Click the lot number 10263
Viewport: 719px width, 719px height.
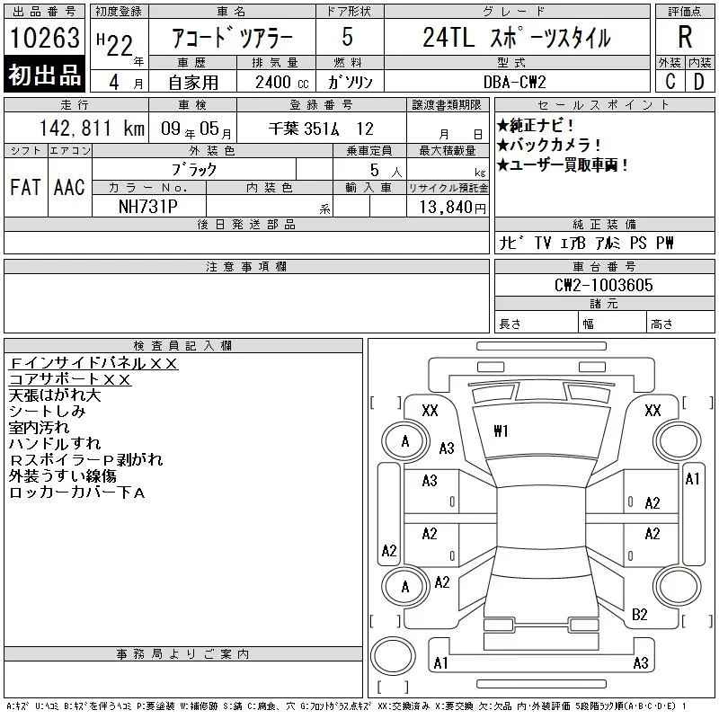coord(44,37)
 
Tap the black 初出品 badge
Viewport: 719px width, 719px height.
coord(44,75)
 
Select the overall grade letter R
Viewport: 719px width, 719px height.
coord(685,37)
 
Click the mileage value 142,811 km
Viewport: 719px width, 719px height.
coord(92,129)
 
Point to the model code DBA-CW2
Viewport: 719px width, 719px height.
coord(514,82)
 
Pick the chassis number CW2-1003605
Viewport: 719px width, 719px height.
coord(603,285)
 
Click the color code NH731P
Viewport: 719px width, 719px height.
coord(147,207)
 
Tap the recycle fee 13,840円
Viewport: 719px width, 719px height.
coord(453,208)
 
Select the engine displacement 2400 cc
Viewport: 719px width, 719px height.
coord(281,83)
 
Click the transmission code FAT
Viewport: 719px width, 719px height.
coord(25,187)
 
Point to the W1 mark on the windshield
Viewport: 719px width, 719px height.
coord(501,431)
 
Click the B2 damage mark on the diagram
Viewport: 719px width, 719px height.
coord(639,615)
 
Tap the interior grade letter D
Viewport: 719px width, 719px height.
coord(699,82)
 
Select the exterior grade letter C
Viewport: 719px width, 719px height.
coord(670,82)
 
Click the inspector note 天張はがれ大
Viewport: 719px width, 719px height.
coord(55,395)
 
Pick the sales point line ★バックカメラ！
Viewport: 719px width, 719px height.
coord(549,145)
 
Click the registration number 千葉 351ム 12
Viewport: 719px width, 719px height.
coord(321,129)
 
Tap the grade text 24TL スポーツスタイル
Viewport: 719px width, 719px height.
coord(517,38)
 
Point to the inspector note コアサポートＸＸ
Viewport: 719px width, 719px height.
coord(70,379)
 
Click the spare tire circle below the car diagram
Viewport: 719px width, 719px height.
coord(393,656)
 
